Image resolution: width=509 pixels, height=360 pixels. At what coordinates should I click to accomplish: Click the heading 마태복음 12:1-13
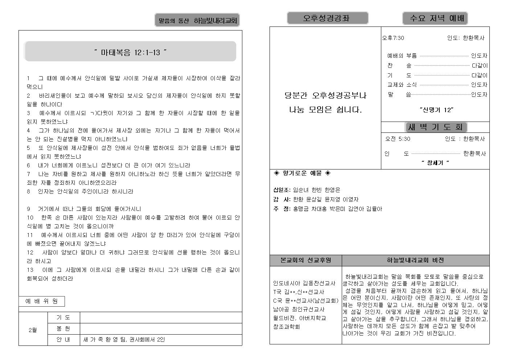click(x=130, y=52)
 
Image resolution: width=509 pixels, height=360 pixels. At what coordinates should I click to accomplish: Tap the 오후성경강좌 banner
click(x=327, y=18)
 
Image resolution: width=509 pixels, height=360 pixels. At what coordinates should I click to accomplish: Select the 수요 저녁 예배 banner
click(x=435, y=18)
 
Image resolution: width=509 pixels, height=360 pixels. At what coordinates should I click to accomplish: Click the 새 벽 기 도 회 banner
click(x=435, y=127)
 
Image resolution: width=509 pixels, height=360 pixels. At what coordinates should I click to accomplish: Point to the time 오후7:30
click(x=393, y=38)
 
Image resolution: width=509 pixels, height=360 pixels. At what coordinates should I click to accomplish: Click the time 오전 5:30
click(x=398, y=139)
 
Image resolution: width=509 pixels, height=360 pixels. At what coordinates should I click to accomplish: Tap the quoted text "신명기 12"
click(x=436, y=110)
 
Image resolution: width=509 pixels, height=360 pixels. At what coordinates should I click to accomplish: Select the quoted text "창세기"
click(x=435, y=163)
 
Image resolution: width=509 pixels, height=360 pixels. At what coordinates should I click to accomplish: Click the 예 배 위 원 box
click(x=42, y=301)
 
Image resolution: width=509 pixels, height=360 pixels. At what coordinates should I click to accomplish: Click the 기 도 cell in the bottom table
click(x=63, y=318)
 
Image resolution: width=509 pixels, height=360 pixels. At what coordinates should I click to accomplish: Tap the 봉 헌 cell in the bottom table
click(x=63, y=329)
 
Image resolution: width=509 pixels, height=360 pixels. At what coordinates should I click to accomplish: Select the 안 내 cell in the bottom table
click(x=63, y=340)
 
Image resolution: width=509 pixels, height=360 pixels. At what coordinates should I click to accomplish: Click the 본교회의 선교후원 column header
click(x=305, y=260)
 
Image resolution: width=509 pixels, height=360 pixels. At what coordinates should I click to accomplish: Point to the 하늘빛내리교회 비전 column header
click(x=415, y=260)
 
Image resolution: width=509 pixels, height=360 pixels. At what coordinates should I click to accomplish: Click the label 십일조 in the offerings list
click(x=282, y=190)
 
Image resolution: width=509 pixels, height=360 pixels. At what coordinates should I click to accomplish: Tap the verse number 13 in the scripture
click(x=30, y=270)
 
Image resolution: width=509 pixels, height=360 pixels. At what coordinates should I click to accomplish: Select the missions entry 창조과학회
click(x=287, y=327)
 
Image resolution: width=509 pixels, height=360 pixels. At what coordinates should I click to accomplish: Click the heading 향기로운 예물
click(x=302, y=173)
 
